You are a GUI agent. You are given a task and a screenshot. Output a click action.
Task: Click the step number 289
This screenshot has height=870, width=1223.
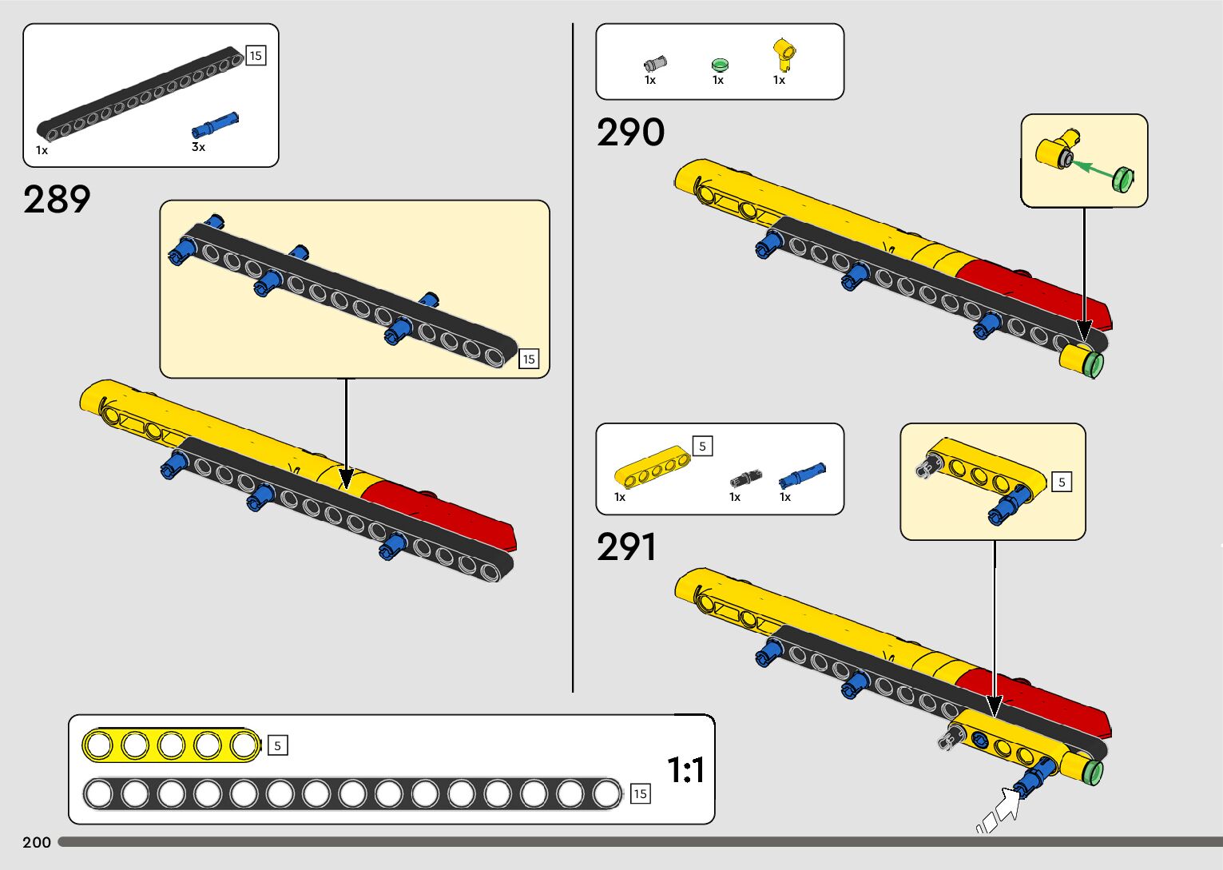pos(57,200)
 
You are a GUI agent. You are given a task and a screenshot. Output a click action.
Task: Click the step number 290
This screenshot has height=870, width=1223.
pos(630,132)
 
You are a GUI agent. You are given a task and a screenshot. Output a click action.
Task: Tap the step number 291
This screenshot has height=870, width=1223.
pos(626,546)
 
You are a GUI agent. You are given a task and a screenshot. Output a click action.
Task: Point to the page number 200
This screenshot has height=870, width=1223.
pos(37,842)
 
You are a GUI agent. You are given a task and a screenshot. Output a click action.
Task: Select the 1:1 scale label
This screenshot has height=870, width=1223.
pos(685,770)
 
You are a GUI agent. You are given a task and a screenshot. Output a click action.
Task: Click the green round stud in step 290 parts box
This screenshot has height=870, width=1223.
pos(721,65)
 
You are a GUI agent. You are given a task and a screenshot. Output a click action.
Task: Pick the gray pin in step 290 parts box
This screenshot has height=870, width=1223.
pos(654,64)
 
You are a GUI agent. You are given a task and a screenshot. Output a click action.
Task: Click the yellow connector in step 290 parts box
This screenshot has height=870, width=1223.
pos(784,54)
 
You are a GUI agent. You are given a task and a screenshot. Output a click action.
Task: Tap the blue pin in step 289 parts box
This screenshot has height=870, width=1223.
pos(215,125)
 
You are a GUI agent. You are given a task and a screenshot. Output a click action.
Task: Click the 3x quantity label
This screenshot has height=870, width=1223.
pos(198,147)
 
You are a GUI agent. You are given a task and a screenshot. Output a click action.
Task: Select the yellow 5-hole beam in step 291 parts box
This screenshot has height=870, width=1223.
pos(652,467)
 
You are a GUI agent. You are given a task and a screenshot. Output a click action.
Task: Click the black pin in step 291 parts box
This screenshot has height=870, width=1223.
pos(745,479)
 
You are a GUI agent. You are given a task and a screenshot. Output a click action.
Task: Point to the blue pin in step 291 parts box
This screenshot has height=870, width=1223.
pos(802,475)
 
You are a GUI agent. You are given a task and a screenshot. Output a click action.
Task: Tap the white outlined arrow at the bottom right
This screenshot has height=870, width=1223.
pos(999,810)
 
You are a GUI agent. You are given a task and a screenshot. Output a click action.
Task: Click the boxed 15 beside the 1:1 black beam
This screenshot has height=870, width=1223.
pos(641,793)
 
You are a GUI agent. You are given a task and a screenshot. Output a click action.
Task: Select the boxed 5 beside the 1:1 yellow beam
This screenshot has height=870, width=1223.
pos(277,745)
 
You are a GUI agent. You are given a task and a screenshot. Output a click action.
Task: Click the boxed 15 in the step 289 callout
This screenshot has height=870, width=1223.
pos(529,359)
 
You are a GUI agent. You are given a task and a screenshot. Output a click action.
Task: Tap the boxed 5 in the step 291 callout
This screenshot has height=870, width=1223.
pos(1062,483)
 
